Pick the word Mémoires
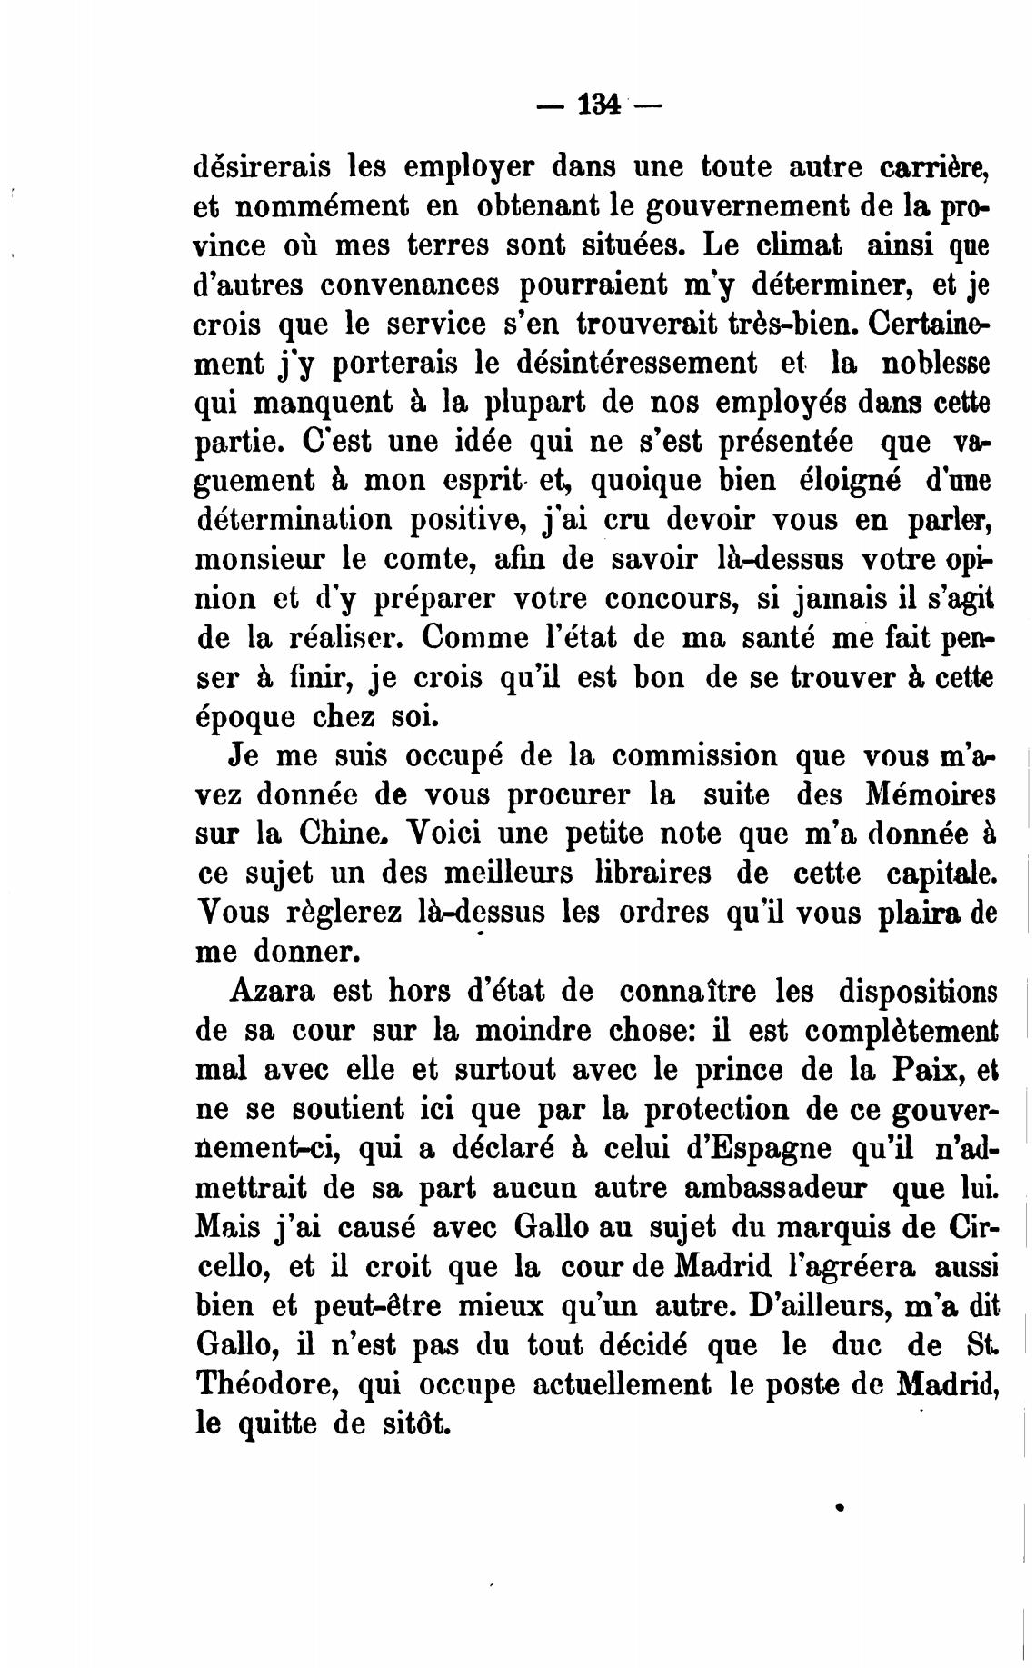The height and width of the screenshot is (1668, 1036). (926, 794)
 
